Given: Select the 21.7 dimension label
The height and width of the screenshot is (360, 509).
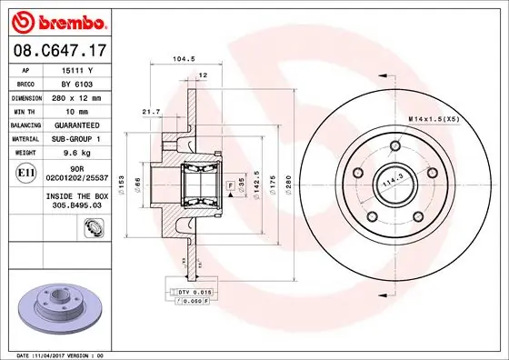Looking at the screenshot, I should click(x=151, y=111).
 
